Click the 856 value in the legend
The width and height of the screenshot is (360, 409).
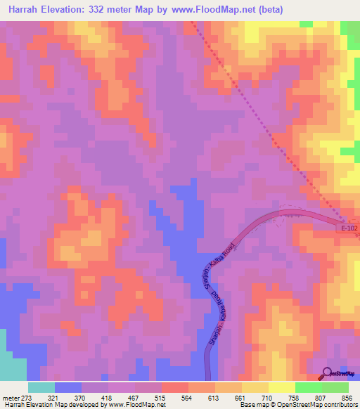(x=346, y=398)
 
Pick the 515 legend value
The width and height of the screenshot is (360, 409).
(x=161, y=398)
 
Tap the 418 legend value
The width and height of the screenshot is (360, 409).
(x=108, y=398)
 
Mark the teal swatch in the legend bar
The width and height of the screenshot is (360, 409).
(x=41, y=387)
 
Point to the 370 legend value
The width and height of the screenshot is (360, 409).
(x=81, y=398)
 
